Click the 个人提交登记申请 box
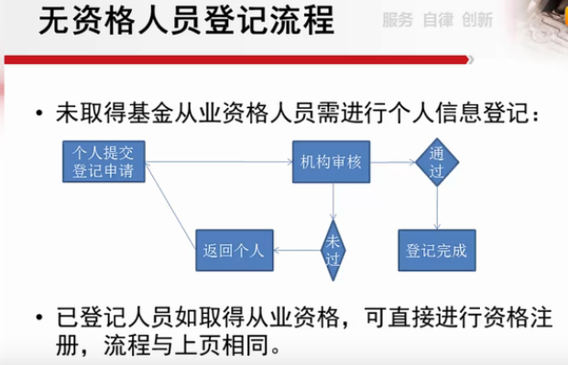[104, 162]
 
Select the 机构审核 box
[331, 162]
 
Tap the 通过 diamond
[437, 162]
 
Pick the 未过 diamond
[333, 250]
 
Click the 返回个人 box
[235, 250]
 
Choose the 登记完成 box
[437, 250]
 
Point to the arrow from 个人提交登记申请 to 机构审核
[219, 162]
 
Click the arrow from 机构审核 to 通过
[393, 163]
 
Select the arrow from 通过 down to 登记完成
[437, 208]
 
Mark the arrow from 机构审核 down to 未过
[333, 201]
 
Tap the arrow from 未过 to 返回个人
[297, 251]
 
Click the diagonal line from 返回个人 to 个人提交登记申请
[170, 206]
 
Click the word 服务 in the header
[398, 20]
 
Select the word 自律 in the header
[438, 20]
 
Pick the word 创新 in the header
[477, 20]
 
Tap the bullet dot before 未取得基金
[39, 113]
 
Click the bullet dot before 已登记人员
[39, 317]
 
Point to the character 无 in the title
[54, 21]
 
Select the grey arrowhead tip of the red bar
[474, 59]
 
